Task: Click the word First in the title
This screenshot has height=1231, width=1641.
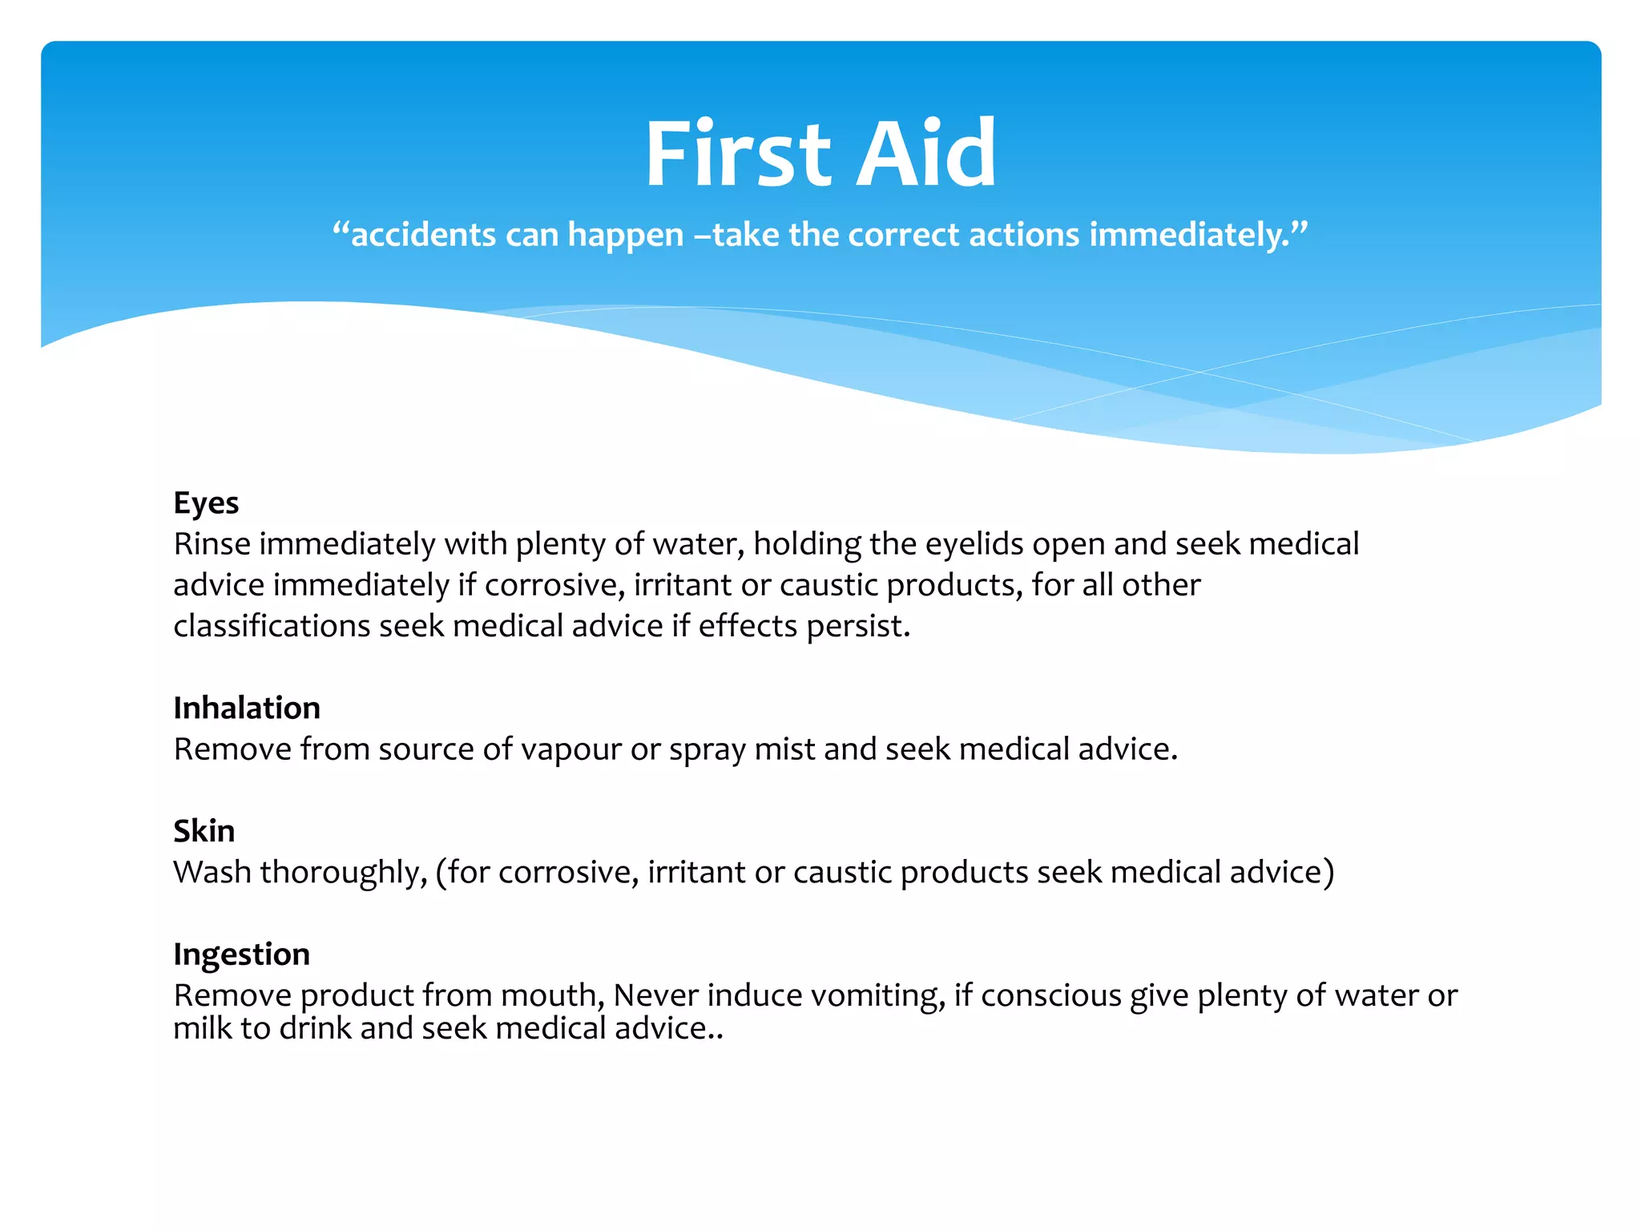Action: pos(737,154)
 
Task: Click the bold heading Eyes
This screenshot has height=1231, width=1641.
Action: pos(206,503)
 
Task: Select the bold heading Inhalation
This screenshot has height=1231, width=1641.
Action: pos(247,708)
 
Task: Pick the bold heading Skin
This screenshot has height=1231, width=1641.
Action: pos(204,831)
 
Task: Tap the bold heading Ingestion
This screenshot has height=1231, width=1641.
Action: pos(241,955)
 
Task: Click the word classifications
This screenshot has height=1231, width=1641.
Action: pos(271,626)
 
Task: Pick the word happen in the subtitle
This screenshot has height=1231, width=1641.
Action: pos(625,235)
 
